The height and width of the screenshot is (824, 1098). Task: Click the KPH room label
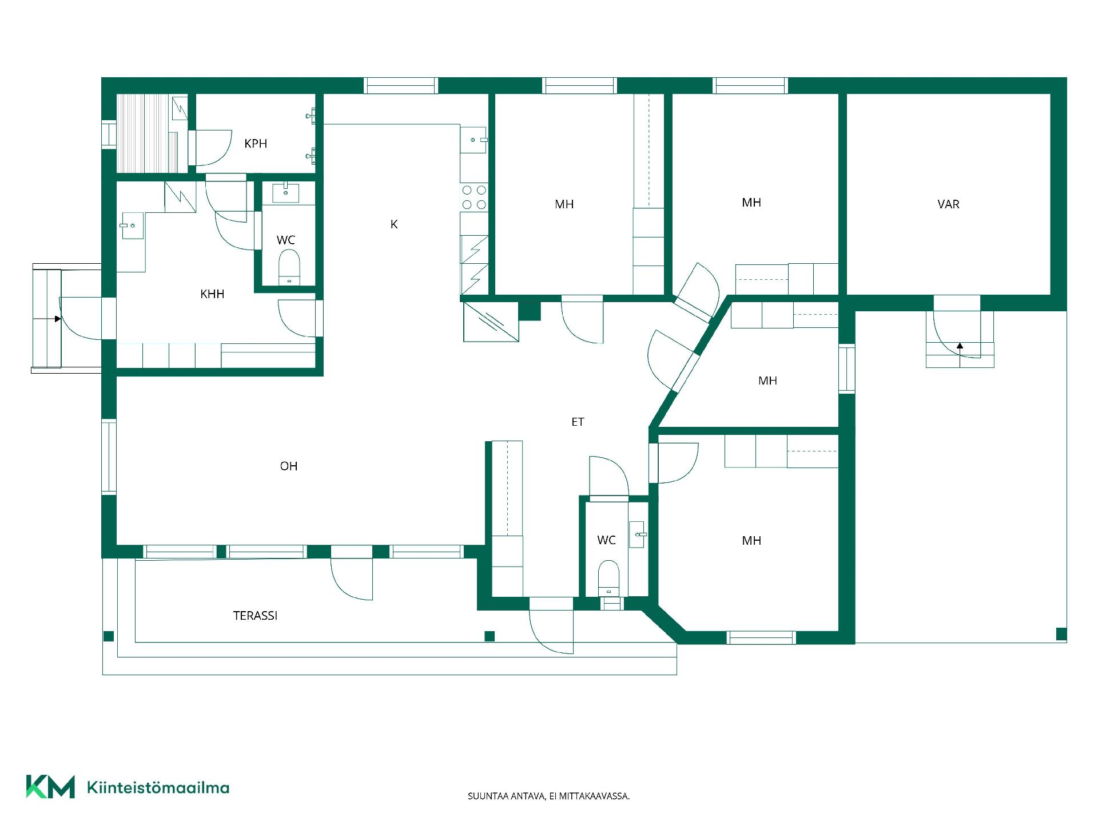tap(256, 144)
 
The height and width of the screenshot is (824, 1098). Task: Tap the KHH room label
tap(212, 294)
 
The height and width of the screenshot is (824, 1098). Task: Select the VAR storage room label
tap(948, 204)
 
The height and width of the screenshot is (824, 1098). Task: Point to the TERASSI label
tap(255, 616)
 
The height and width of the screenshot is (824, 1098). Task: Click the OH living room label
tap(289, 466)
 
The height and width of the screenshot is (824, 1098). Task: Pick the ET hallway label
tap(578, 422)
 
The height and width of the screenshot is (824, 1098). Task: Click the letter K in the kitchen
tap(394, 224)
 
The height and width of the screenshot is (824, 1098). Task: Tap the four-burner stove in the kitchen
tap(474, 197)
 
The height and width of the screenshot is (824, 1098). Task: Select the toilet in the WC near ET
tap(608, 578)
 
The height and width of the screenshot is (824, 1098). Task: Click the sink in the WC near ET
tap(638, 534)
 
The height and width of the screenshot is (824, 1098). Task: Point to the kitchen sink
tap(474, 140)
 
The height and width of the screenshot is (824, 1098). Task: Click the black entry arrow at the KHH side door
tap(58, 319)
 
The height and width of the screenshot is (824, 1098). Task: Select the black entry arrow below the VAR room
tap(960, 346)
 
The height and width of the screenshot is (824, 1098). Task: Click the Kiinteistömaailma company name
tap(158, 787)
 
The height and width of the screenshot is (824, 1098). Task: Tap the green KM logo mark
tap(50, 787)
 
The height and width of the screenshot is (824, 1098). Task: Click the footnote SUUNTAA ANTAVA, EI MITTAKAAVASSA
tap(548, 796)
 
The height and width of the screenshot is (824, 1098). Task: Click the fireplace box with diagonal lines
tap(491, 322)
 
